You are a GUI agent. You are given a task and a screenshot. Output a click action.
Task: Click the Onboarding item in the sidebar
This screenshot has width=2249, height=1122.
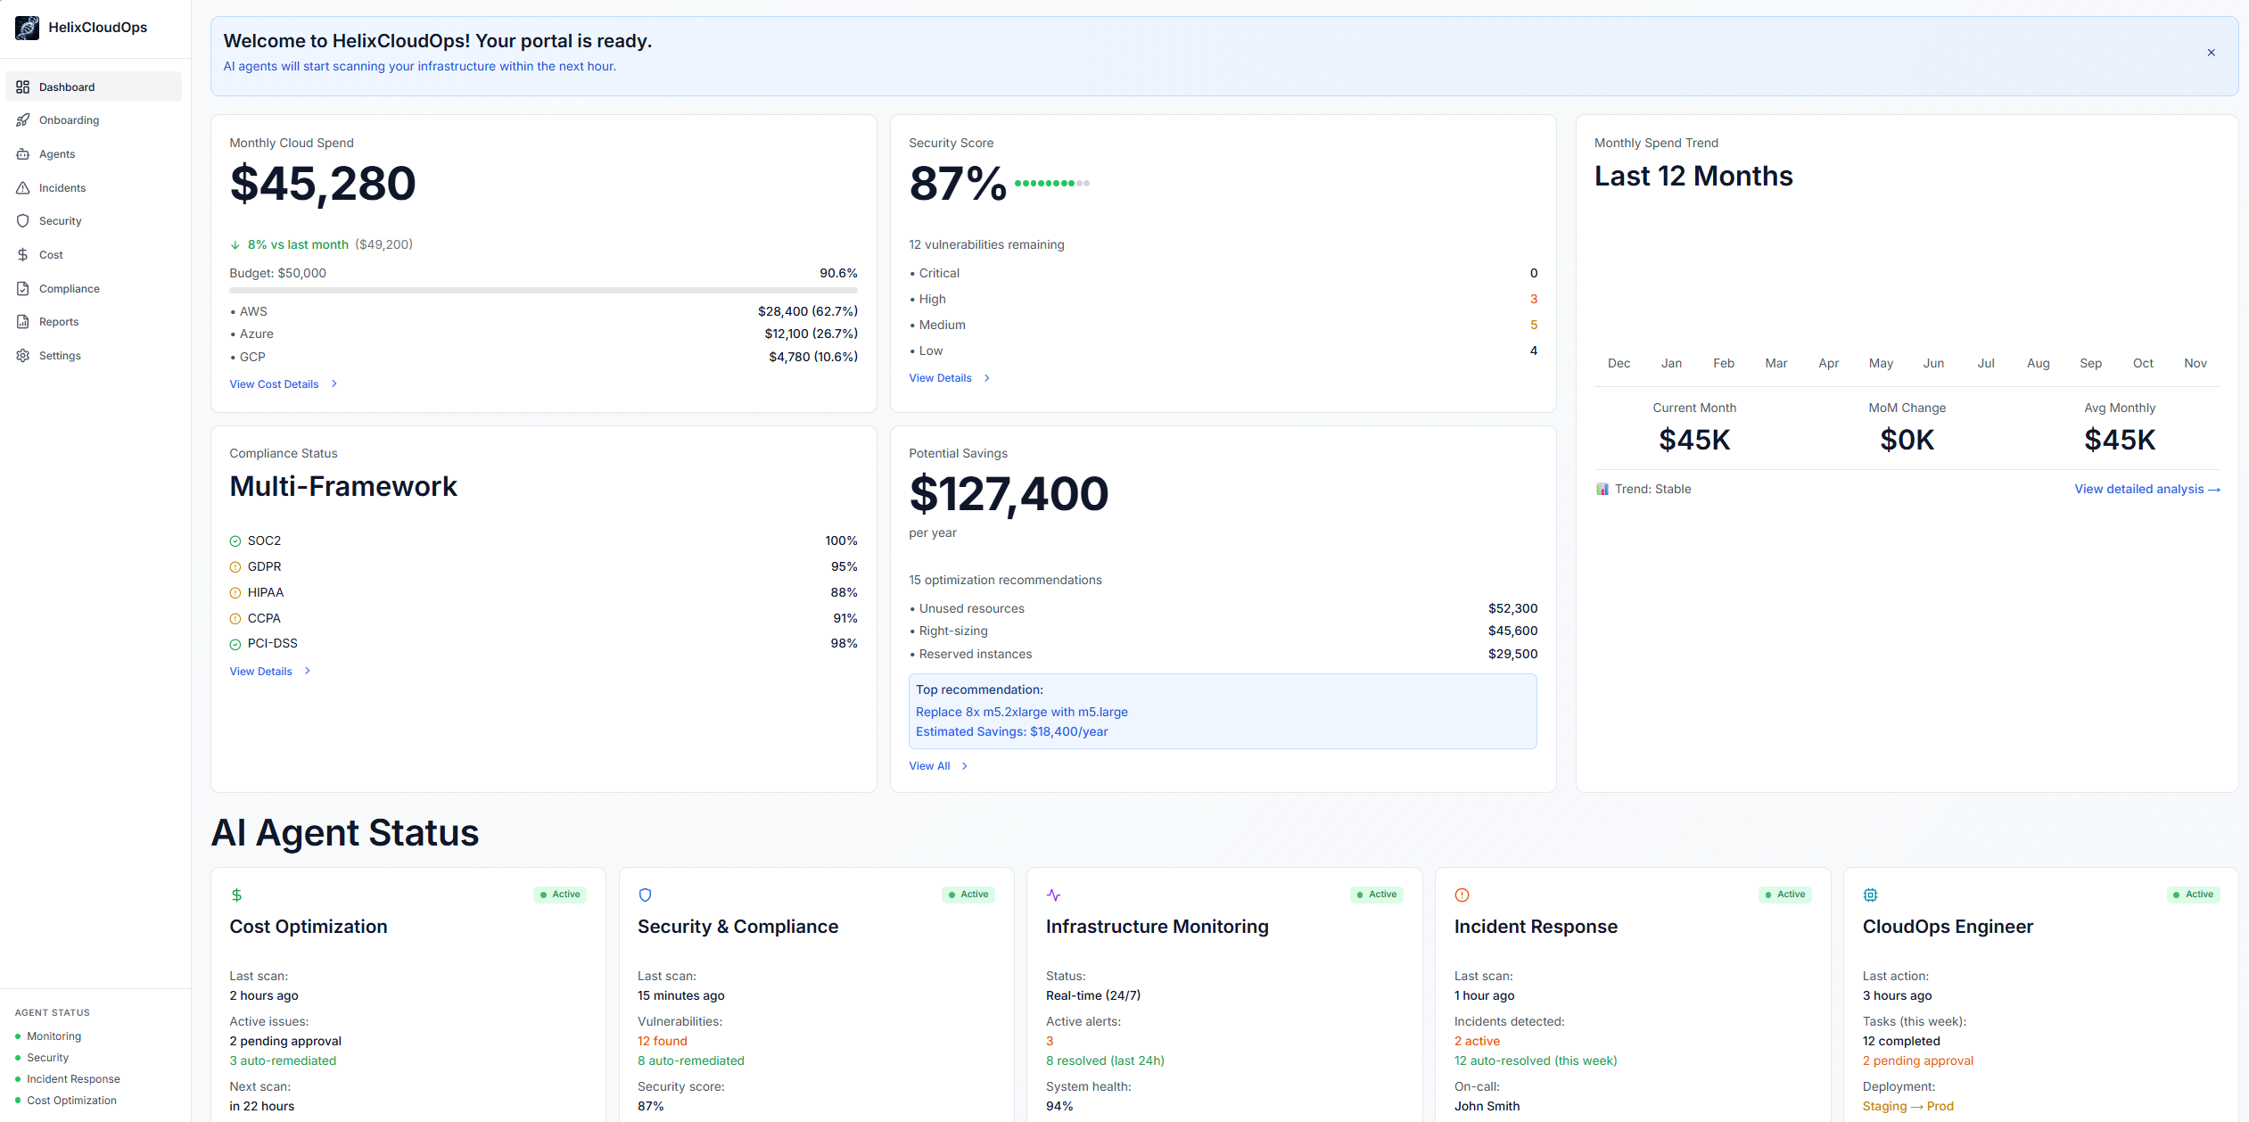pyautogui.click(x=69, y=120)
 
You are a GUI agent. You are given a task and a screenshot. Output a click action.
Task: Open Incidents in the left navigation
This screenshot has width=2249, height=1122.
pyautogui.click(x=62, y=188)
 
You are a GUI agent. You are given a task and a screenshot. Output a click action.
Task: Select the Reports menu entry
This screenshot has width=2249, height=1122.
pyautogui.click(x=58, y=322)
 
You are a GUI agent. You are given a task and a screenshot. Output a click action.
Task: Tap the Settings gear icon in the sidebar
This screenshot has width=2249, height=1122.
pyautogui.click(x=23, y=356)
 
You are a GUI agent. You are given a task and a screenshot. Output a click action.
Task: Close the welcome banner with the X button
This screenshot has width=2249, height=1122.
pyautogui.click(x=2211, y=53)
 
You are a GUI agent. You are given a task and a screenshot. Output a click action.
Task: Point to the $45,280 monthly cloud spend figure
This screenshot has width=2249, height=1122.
pyautogui.click(x=323, y=184)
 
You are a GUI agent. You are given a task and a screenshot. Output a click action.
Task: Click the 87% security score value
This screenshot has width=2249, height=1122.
pyautogui.click(x=957, y=184)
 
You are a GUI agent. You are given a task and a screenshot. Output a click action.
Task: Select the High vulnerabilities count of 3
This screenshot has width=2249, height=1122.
pyautogui.click(x=1533, y=300)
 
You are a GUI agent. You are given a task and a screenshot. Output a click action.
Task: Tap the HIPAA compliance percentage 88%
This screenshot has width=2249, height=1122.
pyautogui.click(x=844, y=593)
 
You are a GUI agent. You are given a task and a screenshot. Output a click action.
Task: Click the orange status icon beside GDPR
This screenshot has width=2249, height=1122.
pyautogui.click(x=235, y=567)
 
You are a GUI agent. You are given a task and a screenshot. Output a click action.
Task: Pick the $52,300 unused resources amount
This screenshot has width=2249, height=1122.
pyautogui.click(x=1512, y=609)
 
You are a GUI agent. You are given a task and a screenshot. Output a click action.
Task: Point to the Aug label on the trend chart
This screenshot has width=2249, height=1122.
pyautogui.click(x=2038, y=364)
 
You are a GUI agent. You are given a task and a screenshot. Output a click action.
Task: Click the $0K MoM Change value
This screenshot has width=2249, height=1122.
pyautogui.click(x=1907, y=440)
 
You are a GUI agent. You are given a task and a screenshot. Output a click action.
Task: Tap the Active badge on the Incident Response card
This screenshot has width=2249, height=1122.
pyautogui.click(x=1785, y=895)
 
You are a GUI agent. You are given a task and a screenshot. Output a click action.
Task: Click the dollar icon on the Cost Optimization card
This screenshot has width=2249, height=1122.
pyautogui.click(x=236, y=895)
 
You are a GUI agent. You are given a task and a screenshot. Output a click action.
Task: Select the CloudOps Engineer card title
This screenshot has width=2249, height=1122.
pyautogui.click(x=1948, y=927)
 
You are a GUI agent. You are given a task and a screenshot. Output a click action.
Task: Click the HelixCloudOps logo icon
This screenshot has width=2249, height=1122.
pyautogui.click(x=28, y=28)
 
